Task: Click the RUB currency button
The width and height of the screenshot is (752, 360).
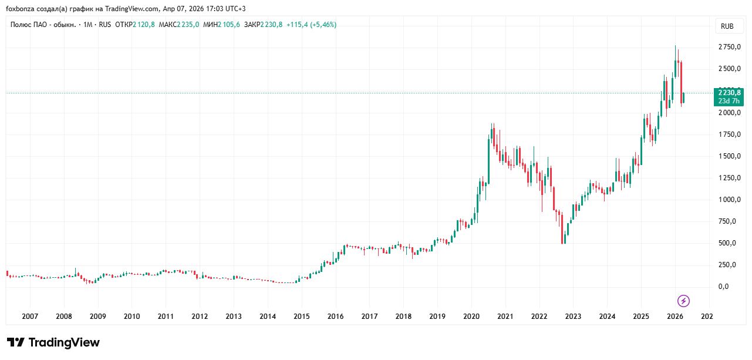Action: click(727, 26)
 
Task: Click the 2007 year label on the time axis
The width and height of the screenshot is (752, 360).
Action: click(30, 317)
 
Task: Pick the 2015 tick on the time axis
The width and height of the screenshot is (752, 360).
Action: click(302, 317)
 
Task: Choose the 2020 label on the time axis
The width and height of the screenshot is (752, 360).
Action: click(471, 317)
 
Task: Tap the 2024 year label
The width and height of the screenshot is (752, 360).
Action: click(607, 317)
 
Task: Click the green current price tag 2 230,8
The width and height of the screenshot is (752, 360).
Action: click(729, 93)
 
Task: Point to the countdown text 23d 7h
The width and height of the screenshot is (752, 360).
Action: click(729, 101)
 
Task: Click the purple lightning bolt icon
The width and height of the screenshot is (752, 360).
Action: click(683, 301)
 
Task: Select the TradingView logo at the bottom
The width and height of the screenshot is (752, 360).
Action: click(53, 342)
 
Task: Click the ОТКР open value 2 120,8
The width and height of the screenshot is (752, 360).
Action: click(144, 25)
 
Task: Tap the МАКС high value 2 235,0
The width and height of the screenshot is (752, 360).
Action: click(188, 25)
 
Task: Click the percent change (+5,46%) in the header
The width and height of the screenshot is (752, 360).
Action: click(323, 25)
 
